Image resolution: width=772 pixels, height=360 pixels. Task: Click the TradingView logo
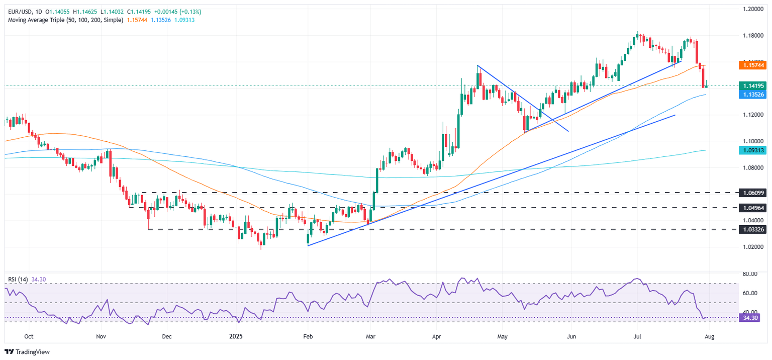coord(27,352)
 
